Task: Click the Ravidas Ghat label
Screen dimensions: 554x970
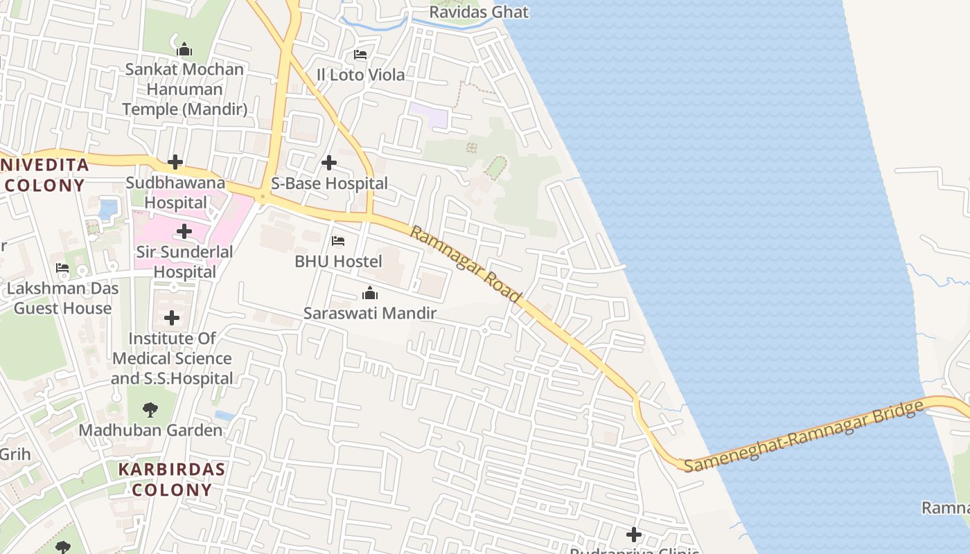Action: pyautogui.click(x=478, y=12)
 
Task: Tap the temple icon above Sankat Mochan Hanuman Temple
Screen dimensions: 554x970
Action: pyautogui.click(x=184, y=49)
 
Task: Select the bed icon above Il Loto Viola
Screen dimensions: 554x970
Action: pyautogui.click(x=360, y=55)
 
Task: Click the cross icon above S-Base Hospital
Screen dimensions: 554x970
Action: pyautogui.click(x=329, y=163)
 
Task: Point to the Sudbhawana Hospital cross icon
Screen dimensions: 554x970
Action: pyautogui.click(x=175, y=163)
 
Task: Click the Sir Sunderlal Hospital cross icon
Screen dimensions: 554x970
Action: pyautogui.click(x=184, y=231)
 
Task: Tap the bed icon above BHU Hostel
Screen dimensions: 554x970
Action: pyautogui.click(x=338, y=241)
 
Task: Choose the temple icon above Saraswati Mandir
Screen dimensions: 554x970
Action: pyautogui.click(x=370, y=294)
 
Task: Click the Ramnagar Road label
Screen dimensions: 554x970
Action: pyautogui.click(x=465, y=264)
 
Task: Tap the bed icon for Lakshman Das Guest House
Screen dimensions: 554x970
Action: pyautogui.click(x=62, y=268)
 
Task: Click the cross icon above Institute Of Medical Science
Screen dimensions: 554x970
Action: pyautogui.click(x=172, y=319)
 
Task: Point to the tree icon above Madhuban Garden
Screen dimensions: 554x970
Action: pyautogui.click(x=150, y=410)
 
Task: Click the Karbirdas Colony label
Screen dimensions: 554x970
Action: pyautogui.click(x=171, y=479)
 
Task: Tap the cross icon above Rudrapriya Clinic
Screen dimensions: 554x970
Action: pyautogui.click(x=633, y=535)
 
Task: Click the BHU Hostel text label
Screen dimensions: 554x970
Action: pyautogui.click(x=338, y=261)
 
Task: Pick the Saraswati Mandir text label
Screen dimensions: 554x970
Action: pyautogui.click(x=370, y=313)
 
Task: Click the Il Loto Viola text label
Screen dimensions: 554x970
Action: pyautogui.click(x=360, y=74)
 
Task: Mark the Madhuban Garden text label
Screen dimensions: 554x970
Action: pyautogui.click(x=150, y=430)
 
